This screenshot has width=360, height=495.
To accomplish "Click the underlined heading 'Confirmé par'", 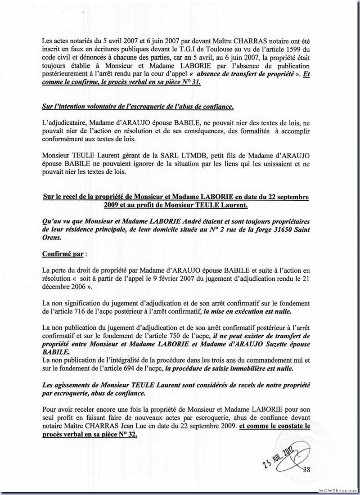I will (x=63, y=253).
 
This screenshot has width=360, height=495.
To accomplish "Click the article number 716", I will (x=80, y=310).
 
